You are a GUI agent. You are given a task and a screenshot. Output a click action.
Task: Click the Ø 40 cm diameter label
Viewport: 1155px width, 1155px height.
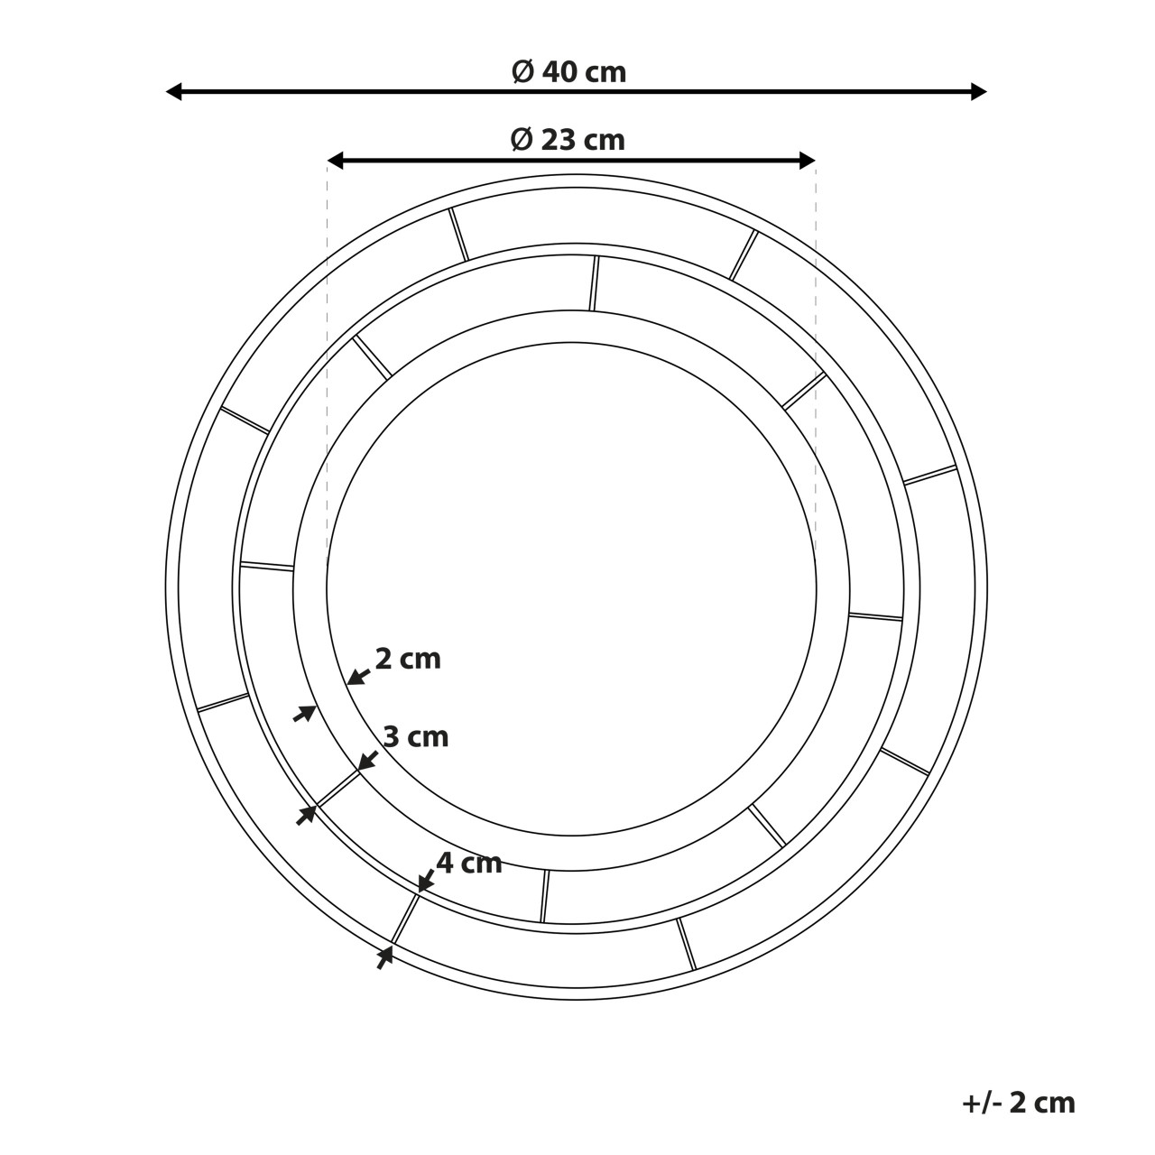pos(568,72)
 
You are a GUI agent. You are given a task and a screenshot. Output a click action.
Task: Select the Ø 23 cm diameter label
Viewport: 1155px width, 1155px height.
pos(568,140)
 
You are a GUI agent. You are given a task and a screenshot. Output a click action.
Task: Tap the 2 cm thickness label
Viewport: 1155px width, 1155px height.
pos(408,660)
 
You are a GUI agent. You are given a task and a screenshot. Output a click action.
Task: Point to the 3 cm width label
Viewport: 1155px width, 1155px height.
pos(416,736)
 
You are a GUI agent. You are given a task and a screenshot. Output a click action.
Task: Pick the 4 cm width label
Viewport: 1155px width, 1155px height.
pos(469,864)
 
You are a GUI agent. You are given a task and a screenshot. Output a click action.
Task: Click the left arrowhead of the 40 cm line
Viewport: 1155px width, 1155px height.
pos(173,92)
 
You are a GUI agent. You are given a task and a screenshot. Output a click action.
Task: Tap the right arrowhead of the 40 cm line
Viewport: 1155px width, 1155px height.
pos(979,92)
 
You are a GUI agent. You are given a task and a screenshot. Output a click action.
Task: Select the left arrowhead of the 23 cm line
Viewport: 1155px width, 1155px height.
pos(335,160)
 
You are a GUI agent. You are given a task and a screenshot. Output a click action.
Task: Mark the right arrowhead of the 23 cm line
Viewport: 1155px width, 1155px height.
pos(808,160)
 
